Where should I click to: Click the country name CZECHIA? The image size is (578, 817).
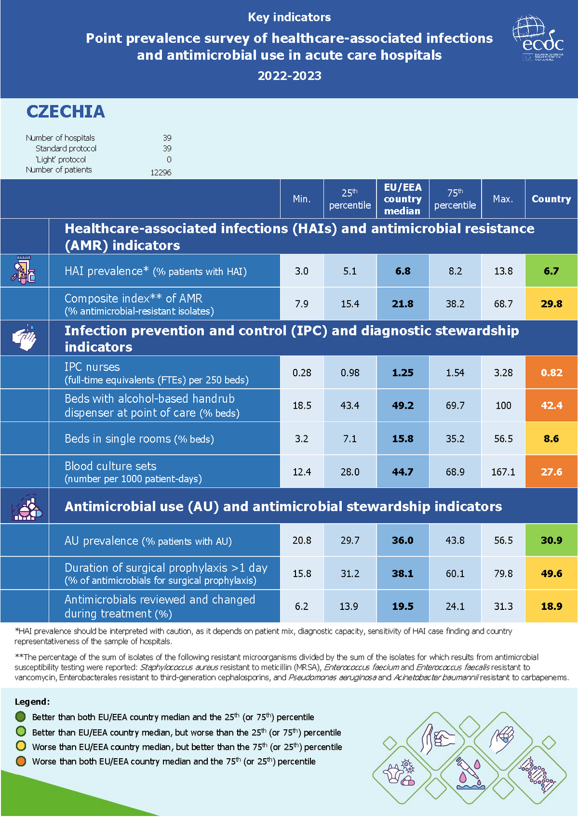point(65,112)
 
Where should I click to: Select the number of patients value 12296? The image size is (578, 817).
point(160,172)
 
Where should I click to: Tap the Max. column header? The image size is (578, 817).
point(503,199)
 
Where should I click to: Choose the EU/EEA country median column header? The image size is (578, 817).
point(403,199)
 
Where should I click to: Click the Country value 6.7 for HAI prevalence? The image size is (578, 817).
point(551,271)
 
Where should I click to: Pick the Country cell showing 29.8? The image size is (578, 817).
point(551,304)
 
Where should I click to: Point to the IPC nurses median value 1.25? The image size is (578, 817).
point(403,372)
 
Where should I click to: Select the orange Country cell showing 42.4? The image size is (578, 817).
point(551,405)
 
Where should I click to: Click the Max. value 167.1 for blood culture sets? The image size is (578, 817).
point(503,471)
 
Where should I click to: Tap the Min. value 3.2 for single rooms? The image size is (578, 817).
point(301,439)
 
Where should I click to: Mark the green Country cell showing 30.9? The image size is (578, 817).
point(551,540)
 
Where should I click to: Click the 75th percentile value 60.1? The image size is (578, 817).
point(455,574)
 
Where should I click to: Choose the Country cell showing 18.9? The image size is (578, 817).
point(551,606)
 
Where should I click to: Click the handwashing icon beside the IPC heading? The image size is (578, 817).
point(24,338)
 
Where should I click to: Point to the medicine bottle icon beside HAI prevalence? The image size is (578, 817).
point(24,270)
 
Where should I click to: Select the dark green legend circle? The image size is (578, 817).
point(21,717)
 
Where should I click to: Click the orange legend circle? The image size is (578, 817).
point(21,761)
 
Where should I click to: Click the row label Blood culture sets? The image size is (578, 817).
point(111,466)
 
